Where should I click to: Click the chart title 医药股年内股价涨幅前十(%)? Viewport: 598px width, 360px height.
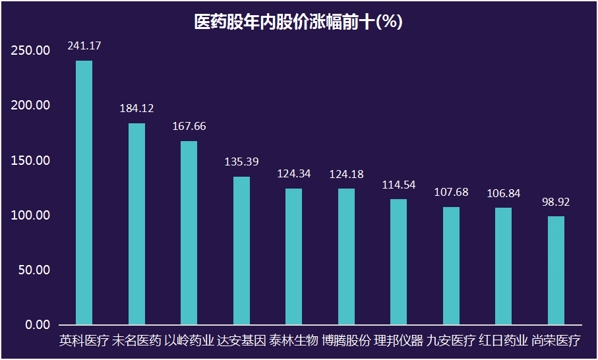click(298, 21)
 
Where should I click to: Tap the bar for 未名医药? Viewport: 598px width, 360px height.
click(136, 224)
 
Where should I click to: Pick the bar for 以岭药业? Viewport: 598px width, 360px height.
click(189, 233)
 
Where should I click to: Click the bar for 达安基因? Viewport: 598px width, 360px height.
click(241, 251)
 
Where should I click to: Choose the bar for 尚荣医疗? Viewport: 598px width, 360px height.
click(556, 270)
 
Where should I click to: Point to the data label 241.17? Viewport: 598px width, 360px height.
click(84, 45)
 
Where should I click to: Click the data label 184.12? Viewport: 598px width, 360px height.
click(136, 108)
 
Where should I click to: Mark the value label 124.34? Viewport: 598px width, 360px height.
click(293, 174)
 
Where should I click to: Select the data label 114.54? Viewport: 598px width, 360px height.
click(398, 185)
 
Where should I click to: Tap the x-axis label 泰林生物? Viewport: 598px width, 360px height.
click(293, 341)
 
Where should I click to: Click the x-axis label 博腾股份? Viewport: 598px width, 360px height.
click(346, 341)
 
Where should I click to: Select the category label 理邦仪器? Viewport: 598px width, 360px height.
click(398, 341)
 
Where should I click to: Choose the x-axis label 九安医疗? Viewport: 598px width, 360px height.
click(451, 341)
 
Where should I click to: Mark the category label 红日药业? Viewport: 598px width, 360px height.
click(503, 341)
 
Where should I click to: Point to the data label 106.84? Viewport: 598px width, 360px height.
click(503, 193)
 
